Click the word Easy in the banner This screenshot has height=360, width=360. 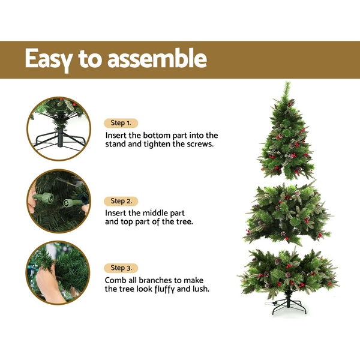(x=49, y=59)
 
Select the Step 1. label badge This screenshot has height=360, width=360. (x=121, y=123)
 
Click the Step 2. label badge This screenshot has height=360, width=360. (x=121, y=202)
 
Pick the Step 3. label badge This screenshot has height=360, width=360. (x=121, y=268)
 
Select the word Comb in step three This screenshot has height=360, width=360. (x=113, y=280)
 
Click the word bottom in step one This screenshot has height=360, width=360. (x=157, y=136)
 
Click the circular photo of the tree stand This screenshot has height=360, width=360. (x=59, y=129)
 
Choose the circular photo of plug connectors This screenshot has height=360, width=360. (x=59, y=202)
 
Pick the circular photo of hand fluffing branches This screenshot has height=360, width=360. (x=58, y=273)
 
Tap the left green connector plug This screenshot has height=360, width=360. (x=43, y=197)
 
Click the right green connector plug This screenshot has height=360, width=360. (x=71, y=203)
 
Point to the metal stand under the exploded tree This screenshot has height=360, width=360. (x=289, y=305)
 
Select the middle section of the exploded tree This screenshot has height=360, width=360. (x=287, y=214)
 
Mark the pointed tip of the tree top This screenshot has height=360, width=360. (x=287, y=82)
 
